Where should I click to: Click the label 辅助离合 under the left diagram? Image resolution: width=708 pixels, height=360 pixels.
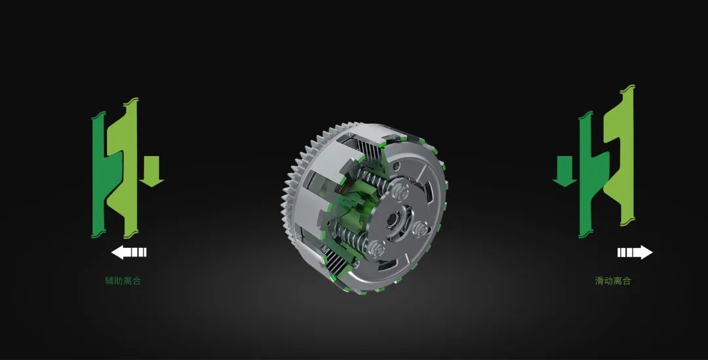123,281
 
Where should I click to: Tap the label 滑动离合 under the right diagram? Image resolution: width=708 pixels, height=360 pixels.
613,281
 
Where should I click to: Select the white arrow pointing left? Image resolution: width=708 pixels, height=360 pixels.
128,252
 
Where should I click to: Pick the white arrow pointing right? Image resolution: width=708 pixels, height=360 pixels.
635,252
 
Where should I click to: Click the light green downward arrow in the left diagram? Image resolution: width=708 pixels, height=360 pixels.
151,171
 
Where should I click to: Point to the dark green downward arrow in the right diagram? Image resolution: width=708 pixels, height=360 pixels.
564,171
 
